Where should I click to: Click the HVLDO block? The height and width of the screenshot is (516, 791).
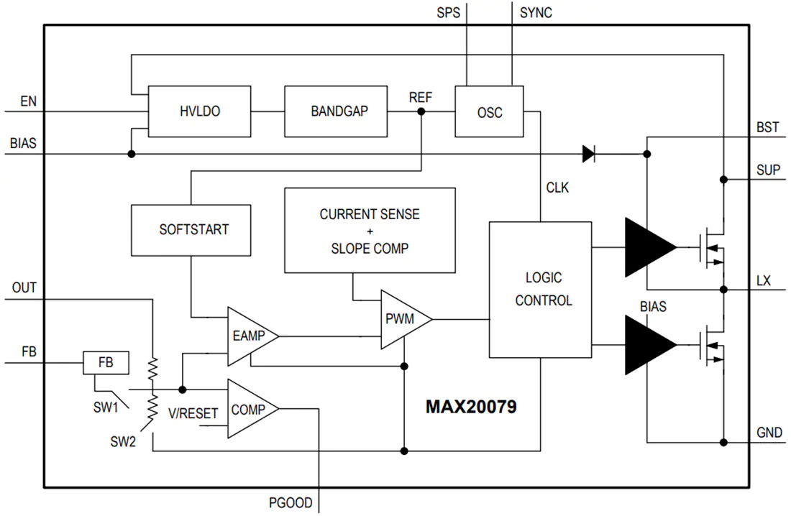click(x=199, y=111)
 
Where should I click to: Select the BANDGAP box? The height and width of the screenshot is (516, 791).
click(x=336, y=111)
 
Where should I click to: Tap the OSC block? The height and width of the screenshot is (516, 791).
click(x=489, y=111)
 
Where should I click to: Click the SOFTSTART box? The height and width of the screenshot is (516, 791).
click(x=191, y=230)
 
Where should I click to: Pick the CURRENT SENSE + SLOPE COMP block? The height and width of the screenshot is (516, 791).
click(x=370, y=231)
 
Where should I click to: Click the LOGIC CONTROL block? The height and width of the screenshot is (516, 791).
click(x=540, y=290)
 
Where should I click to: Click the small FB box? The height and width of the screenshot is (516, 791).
click(x=106, y=363)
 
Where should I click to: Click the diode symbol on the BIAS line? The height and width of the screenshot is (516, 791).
click(x=589, y=154)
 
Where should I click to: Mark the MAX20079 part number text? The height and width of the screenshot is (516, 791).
click(x=471, y=407)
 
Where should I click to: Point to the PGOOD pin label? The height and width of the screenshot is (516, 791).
click(x=291, y=502)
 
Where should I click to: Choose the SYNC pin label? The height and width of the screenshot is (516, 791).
click(x=536, y=13)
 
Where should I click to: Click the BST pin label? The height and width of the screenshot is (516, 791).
click(x=767, y=127)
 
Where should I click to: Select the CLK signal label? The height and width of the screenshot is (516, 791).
click(x=557, y=188)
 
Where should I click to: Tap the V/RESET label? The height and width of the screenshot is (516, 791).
click(x=193, y=414)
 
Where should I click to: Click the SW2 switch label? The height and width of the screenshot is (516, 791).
click(x=123, y=442)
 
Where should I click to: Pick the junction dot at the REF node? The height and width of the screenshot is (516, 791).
click(x=421, y=111)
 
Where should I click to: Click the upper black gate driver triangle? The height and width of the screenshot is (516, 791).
click(x=651, y=247)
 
